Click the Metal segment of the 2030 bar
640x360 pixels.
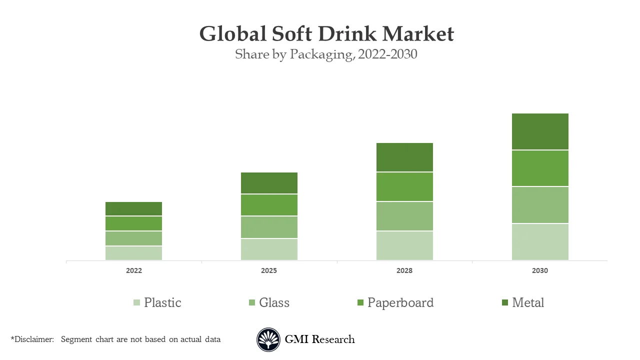click(540, 131)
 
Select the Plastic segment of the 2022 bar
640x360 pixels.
click(133, 253)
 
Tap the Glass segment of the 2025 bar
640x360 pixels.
click(269, 227)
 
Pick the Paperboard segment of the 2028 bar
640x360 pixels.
click(404, 186)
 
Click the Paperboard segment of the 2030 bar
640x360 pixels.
click(540, 168)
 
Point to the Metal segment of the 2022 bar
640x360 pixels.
click(133, 208)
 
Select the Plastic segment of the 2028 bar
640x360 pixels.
click(404, 245)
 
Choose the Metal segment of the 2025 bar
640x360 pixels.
click(269, 183)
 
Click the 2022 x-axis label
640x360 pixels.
click(133, 270)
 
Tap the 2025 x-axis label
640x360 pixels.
click(269, 270)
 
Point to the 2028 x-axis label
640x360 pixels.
click(404, 270)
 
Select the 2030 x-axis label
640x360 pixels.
click(540, 270)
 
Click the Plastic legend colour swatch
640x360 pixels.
click(137, 302)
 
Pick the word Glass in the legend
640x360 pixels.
click(274, 302)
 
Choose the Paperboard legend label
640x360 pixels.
click(400, 302)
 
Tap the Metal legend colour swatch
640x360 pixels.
click(505, 302)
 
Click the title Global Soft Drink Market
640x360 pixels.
click(326, 34)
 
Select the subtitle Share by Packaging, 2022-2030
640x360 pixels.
click(326, 54)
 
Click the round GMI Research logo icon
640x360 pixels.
click(268, 339)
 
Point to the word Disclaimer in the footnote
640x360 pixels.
click(34, 339)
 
